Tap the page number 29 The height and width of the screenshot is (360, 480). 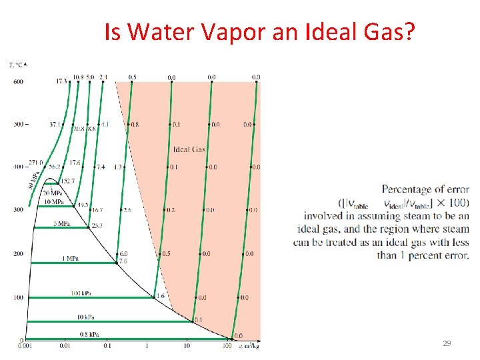[447, 343]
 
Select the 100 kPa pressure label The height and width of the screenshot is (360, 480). [81, 293]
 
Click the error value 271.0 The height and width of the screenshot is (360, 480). [35, 162]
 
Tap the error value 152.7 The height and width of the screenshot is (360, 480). [67, 181]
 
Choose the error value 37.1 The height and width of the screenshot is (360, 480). [55, 125]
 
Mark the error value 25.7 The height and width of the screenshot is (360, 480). [97, 226]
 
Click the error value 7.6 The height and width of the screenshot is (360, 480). [123, 262]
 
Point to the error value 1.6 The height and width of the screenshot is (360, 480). [160, 295]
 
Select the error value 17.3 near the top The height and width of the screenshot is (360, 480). [61, 81]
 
